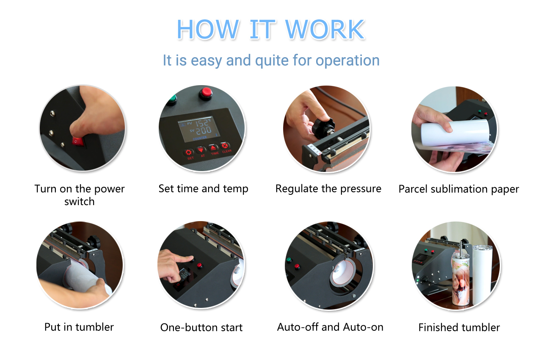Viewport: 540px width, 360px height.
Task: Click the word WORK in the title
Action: [x=325, y=29]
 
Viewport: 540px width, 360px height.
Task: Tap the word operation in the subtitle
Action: [x=347, y=60]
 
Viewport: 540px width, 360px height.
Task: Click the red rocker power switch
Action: [x=78, y=141]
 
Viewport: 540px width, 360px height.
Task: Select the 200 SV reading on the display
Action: [x=204, y=130]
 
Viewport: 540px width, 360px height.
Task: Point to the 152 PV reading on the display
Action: [x=202, y=123]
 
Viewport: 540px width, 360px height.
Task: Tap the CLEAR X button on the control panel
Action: [x=225, y=146]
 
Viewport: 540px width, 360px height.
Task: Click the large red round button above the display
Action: [x=206, y=93]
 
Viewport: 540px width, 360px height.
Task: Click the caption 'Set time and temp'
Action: [x=203, y=189]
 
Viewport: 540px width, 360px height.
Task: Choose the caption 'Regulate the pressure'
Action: [x=328, y=189]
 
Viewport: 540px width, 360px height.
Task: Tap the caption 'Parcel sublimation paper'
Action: [x=459, y=189]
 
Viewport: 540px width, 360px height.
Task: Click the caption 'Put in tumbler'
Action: [x=79, y=327]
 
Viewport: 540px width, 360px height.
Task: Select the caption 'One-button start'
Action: [x=201, y=327]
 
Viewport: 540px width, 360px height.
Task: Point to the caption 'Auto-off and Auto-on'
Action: [x=330, y=327]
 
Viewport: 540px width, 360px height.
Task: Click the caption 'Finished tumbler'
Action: [x=459, y=327]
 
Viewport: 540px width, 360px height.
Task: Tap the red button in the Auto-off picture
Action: [x=297, y=266]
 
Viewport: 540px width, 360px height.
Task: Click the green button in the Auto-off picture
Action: [x=289, y=260]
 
